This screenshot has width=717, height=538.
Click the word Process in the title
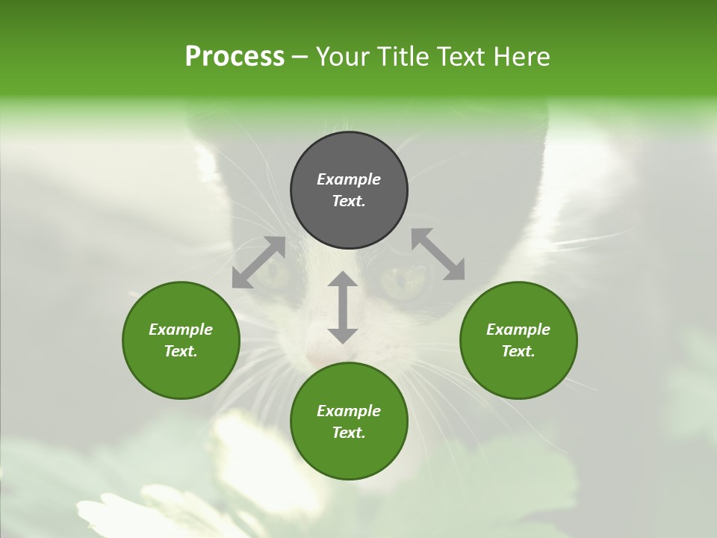tap(235, 57)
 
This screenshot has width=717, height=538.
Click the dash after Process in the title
tap(300, 58)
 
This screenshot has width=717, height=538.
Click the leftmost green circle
tap(181, 340)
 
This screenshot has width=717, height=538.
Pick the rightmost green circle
tap(518, 340)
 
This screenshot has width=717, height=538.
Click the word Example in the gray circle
tap(349, 179)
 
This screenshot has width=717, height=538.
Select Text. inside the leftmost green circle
tap(181, 351)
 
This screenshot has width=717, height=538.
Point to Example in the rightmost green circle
tap(518, 330)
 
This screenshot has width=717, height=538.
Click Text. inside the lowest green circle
tap(349, 433)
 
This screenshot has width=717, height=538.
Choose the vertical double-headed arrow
tap(343, 307)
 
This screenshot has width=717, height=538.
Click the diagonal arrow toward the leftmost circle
tap(258, 262)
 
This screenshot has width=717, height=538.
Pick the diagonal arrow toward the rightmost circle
tap(438, 254)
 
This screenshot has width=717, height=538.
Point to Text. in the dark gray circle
tap(349, 201)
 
